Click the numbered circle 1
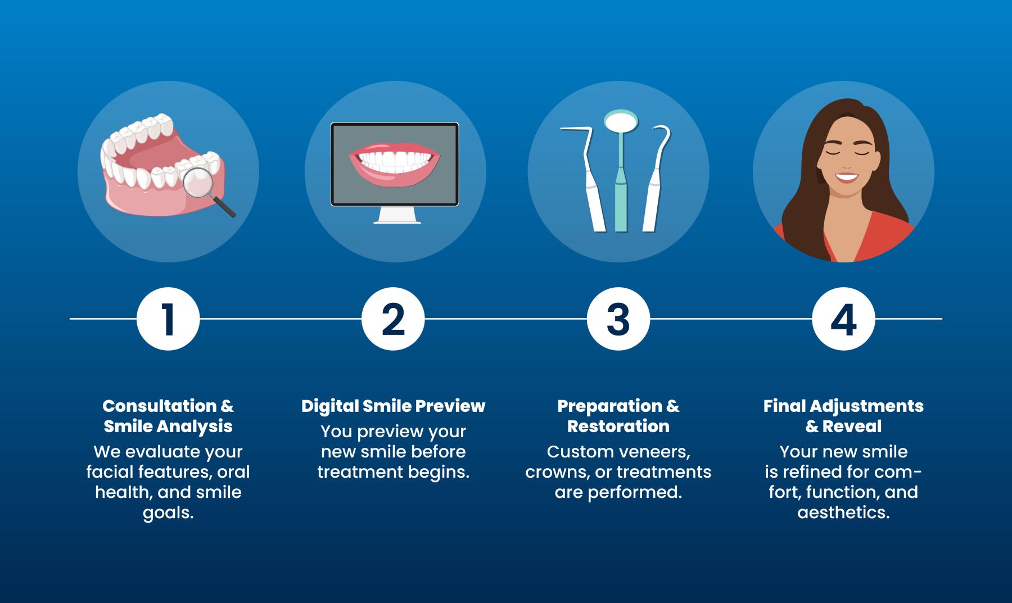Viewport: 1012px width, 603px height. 168,319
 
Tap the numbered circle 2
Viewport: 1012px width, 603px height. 393,319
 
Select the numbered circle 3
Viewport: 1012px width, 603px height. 618,319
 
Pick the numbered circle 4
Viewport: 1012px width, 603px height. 843,319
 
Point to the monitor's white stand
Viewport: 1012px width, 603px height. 397,215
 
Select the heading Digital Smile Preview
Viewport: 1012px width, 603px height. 393,406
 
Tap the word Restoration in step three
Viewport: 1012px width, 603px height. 618,426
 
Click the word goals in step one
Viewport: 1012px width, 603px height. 168,513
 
